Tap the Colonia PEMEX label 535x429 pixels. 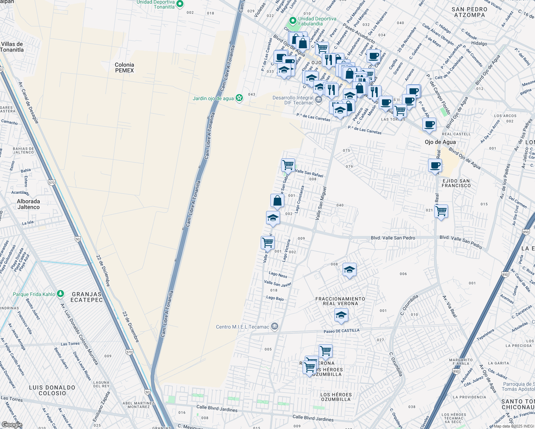tap(124, 68)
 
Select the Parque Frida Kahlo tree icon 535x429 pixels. tap(60, 294)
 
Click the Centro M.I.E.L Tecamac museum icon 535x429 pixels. tap(274, 326)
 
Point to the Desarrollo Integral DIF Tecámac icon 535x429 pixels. tap(319, 99)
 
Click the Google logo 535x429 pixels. tap(12, 425)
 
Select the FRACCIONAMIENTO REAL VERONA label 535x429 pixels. tap(340, 301)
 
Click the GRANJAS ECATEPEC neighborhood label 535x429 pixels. tap(87, 297)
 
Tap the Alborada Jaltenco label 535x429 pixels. tap(29, 204)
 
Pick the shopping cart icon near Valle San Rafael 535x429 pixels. tap(288, 165)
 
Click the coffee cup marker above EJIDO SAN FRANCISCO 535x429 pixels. tap(435, 166)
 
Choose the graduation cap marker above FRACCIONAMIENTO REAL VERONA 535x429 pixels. tap(349, 270)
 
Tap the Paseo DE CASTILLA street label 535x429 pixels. tap(341, 331)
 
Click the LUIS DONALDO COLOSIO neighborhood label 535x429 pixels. tap(52, 390)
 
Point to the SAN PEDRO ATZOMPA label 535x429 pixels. tap(469, 12)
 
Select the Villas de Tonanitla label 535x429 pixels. tap(12, 47)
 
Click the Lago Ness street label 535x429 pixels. tap(278, 275)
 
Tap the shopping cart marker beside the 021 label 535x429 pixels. tap(441, 211)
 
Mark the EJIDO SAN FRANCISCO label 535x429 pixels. tap(456, 183)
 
